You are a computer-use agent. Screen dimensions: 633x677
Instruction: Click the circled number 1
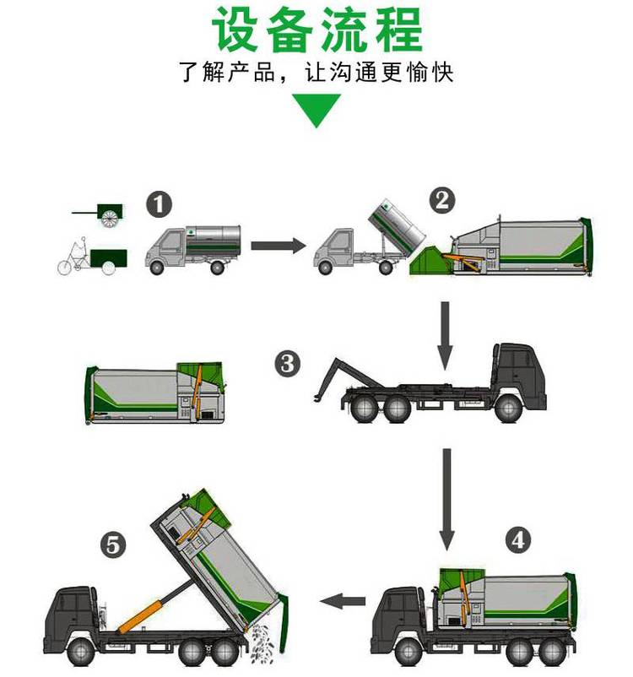[x=159, y=204]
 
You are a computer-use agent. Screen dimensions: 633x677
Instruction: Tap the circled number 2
[x=442, y=201]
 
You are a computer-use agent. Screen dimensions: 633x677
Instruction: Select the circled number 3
[x=288, y=364]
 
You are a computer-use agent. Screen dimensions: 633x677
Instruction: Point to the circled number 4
[x=517, y=540]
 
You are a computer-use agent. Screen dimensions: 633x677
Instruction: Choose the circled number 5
[x=113, y=545]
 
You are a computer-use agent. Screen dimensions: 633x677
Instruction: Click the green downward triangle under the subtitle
[x=316, y=111]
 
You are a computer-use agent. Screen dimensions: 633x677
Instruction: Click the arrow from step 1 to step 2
[x=279, y=246]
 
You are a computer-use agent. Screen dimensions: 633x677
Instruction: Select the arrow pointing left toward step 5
[x=343, y=601]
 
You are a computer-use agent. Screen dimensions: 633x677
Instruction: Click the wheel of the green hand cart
[x=109, y=219]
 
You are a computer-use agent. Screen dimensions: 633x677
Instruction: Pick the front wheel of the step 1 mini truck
[x=156, y=268]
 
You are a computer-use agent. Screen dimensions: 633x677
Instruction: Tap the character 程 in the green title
[x=399, y=30]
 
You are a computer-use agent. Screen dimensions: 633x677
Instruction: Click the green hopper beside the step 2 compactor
[x=430, y=260]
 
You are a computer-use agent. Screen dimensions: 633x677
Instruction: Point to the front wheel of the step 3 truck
[x=508, y=408]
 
